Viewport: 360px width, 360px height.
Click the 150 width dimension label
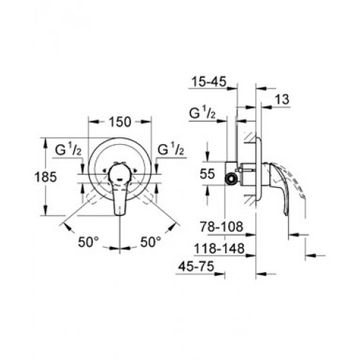click(120, 122)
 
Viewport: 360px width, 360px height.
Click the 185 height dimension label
click(45, 177)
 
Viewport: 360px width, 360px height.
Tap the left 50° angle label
click(89, 242)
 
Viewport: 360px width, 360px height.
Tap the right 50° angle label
click(150, 242)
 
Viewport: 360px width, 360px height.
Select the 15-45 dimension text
click(209, 82)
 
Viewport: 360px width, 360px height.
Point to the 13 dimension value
click(282, 99)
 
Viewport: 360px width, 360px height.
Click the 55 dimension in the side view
click(207, 174)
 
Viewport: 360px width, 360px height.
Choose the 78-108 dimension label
click(222, 227)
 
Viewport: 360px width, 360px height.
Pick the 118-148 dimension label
click(219, 248)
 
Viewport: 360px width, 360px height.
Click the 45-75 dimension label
click(197, 266)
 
